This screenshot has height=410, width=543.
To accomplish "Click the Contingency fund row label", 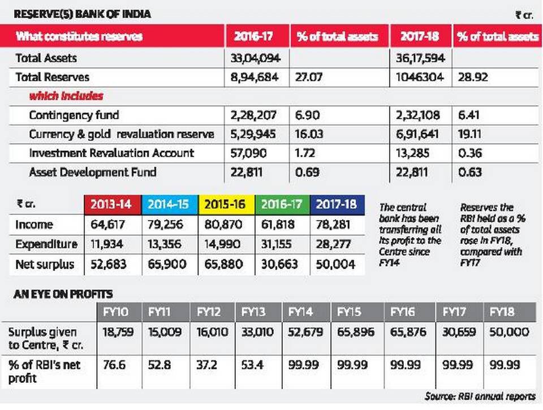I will [74, 115].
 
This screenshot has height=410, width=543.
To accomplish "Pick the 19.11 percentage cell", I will [468, 134].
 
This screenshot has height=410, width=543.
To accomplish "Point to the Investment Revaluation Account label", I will [111, 153].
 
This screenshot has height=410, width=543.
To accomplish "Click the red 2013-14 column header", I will [111, 204].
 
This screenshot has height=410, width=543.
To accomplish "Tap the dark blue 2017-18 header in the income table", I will [337, 204].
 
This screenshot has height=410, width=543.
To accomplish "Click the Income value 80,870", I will [225, 225].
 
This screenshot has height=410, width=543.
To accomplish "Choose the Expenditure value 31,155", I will [281, 244].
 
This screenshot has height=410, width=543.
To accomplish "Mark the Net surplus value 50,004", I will [337, 264].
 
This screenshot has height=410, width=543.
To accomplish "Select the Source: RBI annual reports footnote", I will [480, 395].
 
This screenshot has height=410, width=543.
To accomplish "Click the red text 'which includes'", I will [66, 96].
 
